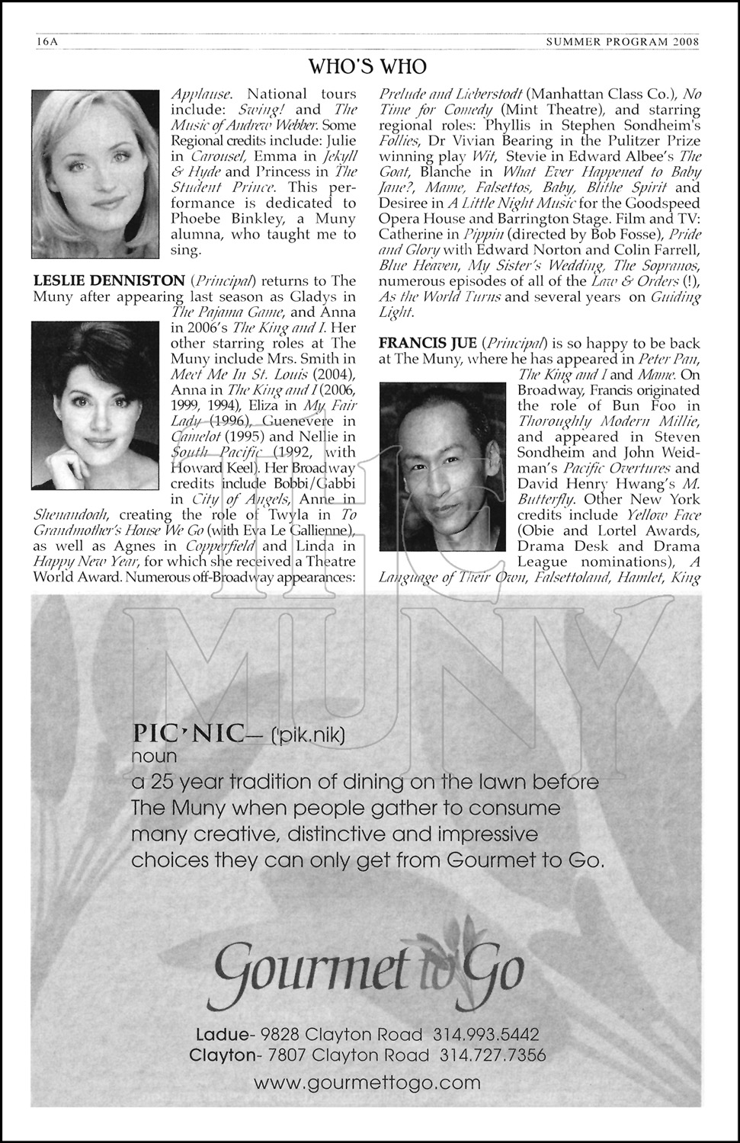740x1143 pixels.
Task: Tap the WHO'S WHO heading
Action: (x=367, y=67)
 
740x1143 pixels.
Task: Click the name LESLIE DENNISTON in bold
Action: (x=108, y=280)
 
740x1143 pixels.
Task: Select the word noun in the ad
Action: (x=154, y=757)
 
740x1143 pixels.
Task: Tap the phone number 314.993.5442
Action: (x=486, y=1035)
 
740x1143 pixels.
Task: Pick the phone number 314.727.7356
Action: (x=492, y=1055)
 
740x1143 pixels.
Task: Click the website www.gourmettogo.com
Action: (x=367, y=1082)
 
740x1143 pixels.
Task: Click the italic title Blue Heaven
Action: (x=412, y=265)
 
